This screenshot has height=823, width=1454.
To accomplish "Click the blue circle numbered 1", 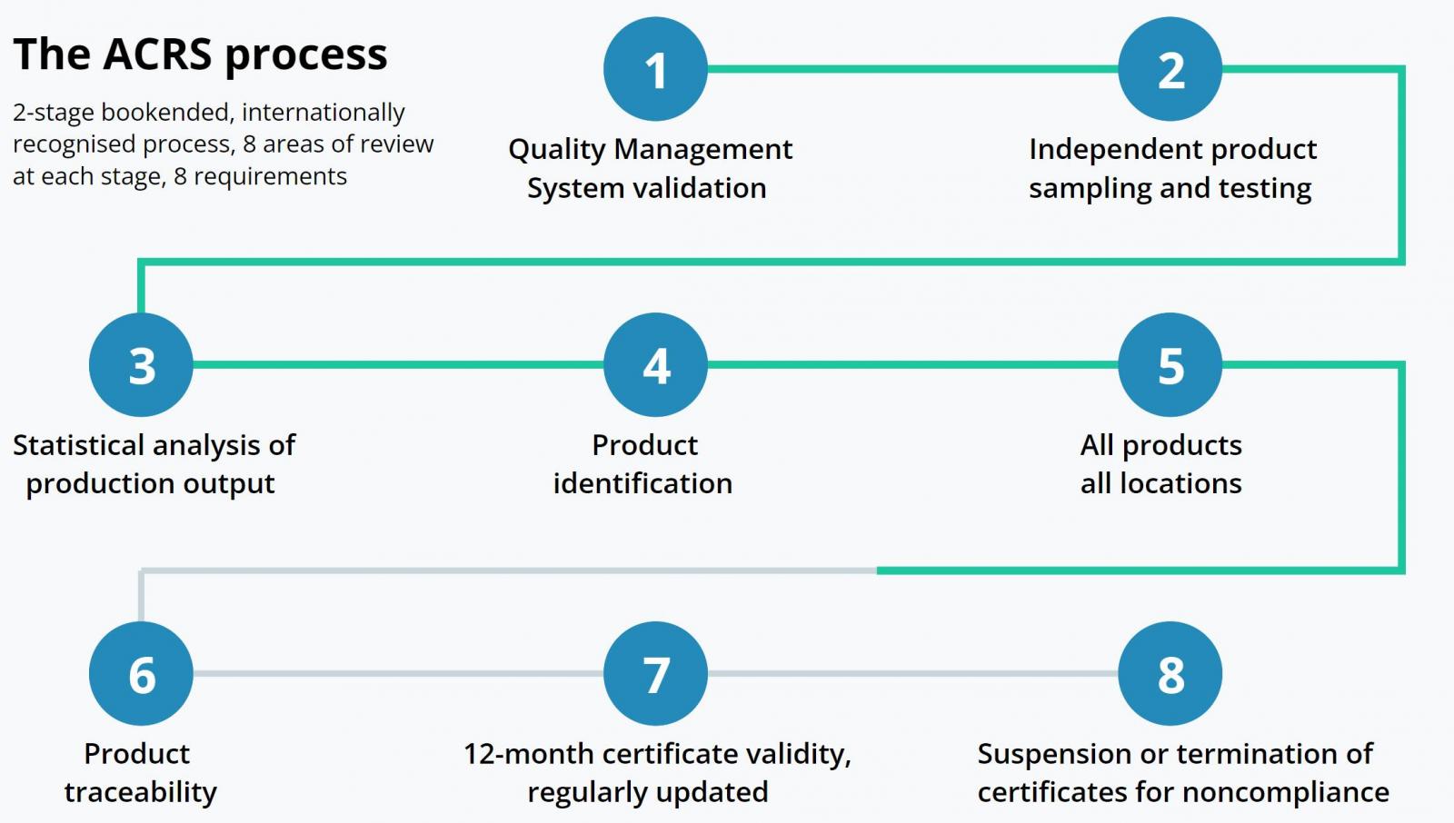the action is (x=655, y=69).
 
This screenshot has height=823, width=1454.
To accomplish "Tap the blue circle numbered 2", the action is (x=1170, y=69).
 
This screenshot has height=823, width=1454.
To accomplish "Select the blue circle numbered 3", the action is (x=141, y=365).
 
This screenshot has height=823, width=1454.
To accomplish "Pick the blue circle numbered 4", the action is (x=655, y=365).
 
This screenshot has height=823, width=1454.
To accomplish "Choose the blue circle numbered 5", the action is (x=1170, y=365).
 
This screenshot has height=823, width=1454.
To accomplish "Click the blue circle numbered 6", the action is (x=141, y=674).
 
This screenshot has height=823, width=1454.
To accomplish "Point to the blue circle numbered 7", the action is (x=655, y=674).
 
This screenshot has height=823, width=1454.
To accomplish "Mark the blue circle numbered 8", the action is (x=1170, y=674).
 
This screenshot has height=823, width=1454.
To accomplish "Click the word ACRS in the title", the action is (x=158, y=54).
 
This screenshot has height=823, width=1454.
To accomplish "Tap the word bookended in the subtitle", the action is (x=164, y=113).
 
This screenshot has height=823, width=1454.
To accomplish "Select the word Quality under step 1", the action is (x=556, y=151).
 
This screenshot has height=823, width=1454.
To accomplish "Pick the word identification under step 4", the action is (x=642, y=483).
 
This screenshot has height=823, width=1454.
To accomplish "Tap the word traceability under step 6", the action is (x=140, y=793).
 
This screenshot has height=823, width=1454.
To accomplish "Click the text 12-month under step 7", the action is (x=529, y=754).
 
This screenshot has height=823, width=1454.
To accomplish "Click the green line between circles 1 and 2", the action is (x=912, y=68).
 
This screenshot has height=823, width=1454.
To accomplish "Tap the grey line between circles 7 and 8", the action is (x=912, y=674).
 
